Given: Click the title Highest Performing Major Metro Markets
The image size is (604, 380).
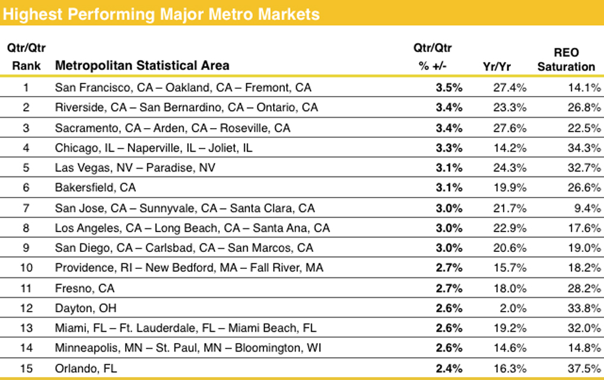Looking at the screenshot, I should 162,13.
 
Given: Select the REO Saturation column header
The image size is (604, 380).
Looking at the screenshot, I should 566,60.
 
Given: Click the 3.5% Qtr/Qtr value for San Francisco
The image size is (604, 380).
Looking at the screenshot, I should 449,88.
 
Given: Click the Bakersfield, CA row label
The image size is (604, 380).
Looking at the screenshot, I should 95,188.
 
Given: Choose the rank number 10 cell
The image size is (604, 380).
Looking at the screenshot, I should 27,268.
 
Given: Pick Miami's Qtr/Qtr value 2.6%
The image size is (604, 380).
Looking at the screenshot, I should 449,328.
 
